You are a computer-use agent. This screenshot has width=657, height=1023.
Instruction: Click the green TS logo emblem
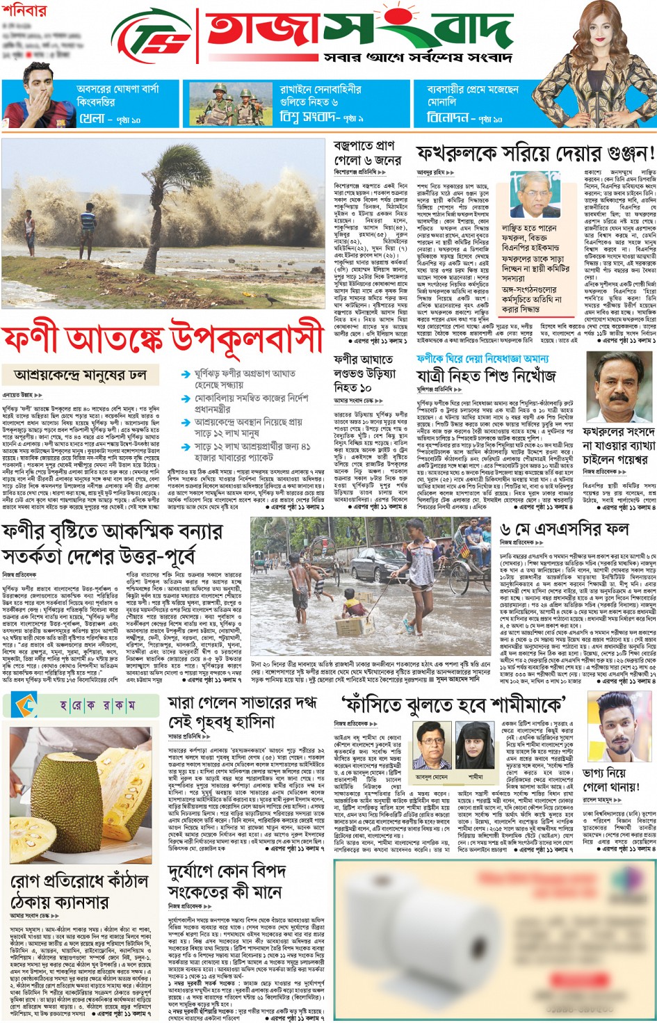pyautogui.click(x=152, y=36)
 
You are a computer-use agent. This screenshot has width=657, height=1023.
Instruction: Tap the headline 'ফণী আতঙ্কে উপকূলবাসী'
pyautogui.click(x=163, y=339)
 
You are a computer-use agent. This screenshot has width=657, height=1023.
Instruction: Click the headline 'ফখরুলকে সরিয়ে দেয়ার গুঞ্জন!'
pyautogui.click(x=535, y=153)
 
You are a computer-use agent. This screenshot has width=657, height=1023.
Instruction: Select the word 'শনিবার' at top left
pyautogui.click(x=25, y=11)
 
